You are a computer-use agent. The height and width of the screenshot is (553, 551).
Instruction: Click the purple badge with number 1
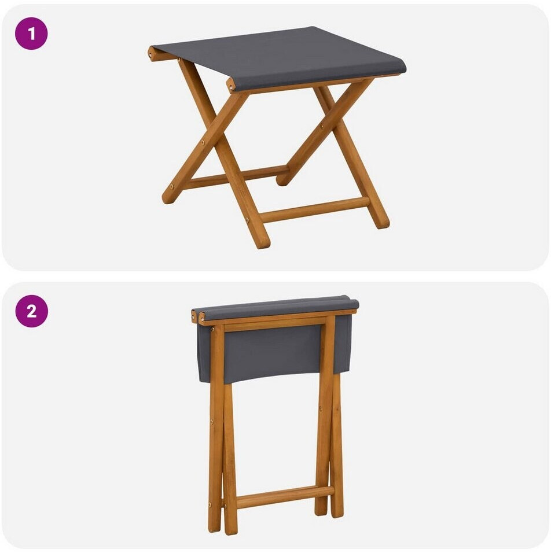point(31,34)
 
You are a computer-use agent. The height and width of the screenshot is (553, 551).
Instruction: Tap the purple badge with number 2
point(31,311)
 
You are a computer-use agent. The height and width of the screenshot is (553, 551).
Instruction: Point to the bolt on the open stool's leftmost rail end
point(151,55)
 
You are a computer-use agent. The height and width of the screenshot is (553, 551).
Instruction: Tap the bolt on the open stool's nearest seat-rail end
point(230,86)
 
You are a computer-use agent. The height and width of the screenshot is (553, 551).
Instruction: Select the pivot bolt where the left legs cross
point(203,142)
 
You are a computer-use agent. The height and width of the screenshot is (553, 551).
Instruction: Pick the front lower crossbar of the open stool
point(314,209)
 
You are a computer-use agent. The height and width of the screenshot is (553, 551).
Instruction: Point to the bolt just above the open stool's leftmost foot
point(172,187)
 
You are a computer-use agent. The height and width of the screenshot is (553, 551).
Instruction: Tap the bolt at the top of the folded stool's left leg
point(213,329)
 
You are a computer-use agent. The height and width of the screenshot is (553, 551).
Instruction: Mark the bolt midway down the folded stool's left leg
point(212,421)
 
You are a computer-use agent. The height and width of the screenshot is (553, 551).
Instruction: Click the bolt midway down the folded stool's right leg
point(320,409)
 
